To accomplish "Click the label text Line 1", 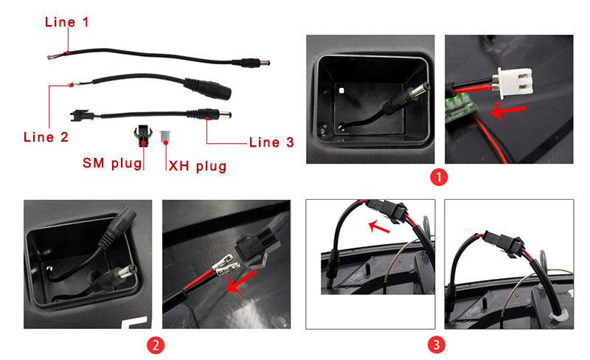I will click(67, 21).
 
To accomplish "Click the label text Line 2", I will click(46, 136).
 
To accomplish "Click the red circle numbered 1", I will click(440, 177).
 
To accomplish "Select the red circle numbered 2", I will click(156, 345).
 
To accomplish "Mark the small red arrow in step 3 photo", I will click(379, 223).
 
